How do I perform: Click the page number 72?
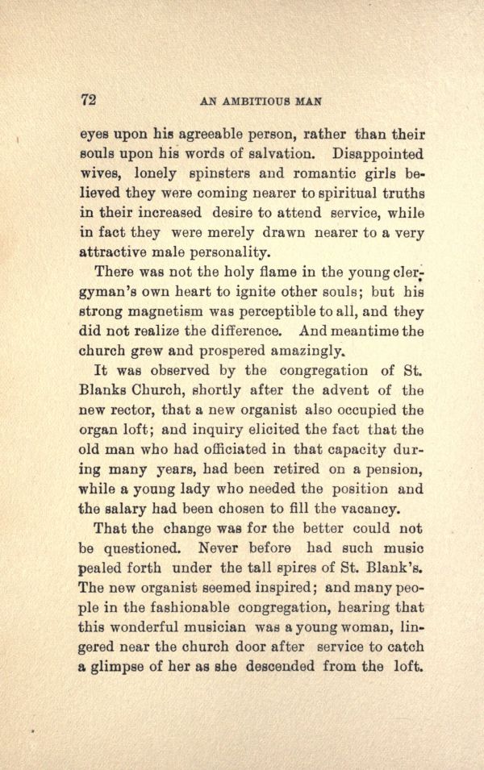pyautogui.click(x=89, y=100)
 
